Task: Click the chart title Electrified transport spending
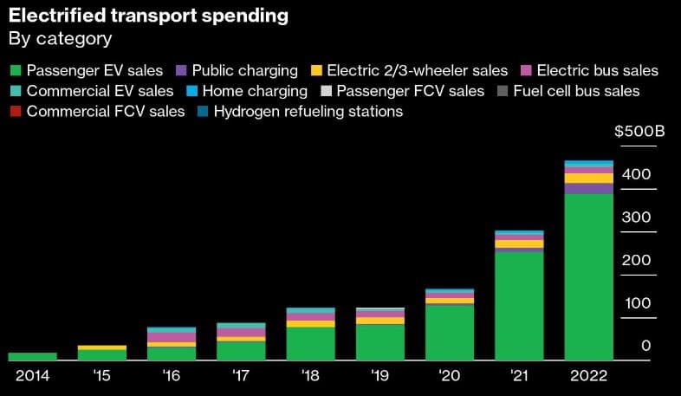(148, 16)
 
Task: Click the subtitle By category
(60, 39)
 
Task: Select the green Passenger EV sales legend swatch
(15, 70)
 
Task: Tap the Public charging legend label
(244, 70)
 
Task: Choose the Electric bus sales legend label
(597, 70)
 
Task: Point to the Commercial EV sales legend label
(100, 90)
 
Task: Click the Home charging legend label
(255, 90)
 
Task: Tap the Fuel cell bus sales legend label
(576, 90)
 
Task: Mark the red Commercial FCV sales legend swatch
(15, 111)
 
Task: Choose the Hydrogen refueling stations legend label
(308, 111)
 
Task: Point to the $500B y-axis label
(639, 132)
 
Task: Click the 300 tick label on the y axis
(636, 217)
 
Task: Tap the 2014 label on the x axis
(32, 376)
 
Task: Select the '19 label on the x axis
(379, 376)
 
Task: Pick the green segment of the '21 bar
(519, 304)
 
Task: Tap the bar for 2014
(32, 355)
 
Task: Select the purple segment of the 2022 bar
(588, 188)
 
